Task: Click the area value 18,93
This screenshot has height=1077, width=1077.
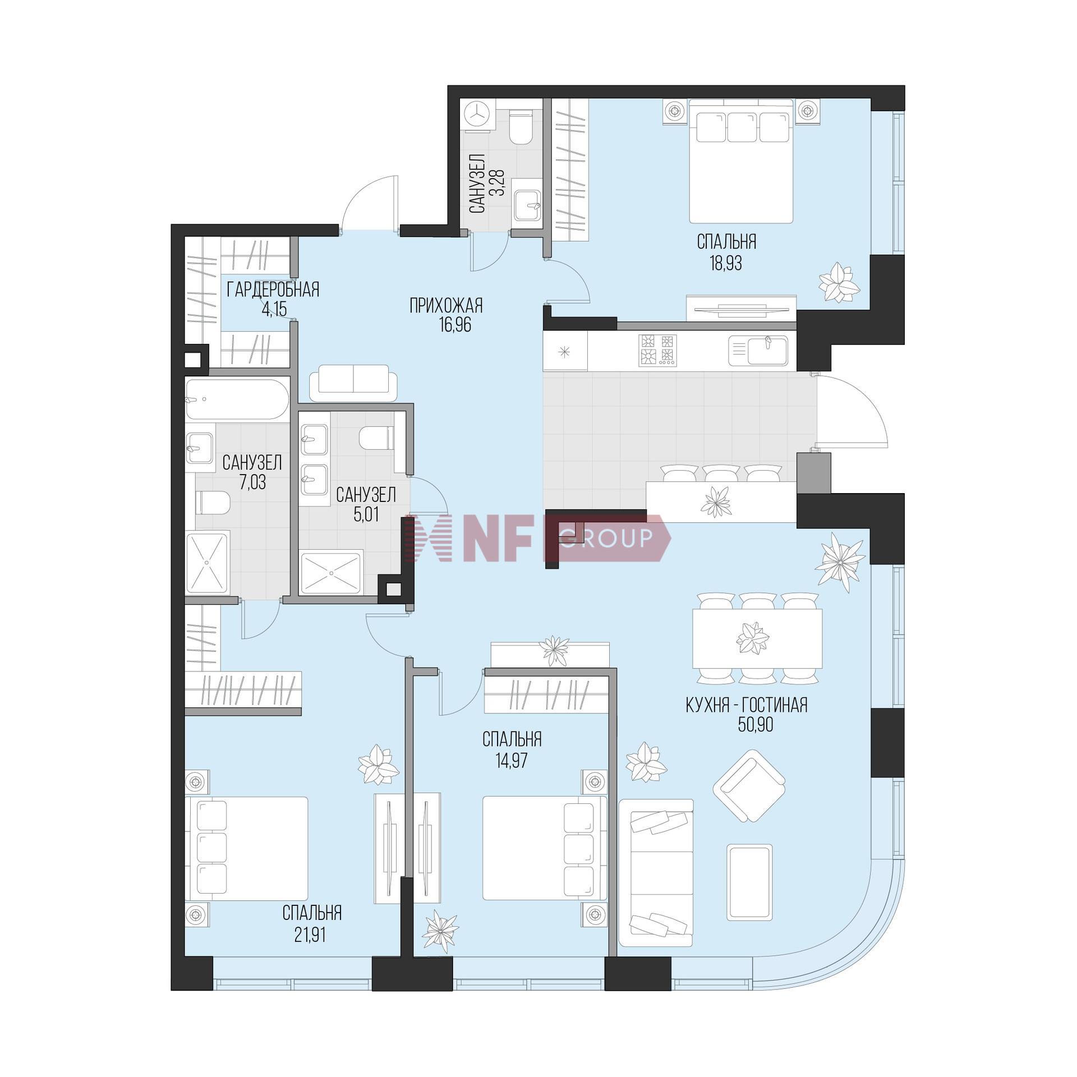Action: click(726, 263)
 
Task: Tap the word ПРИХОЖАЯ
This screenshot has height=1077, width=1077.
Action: click(446, 306)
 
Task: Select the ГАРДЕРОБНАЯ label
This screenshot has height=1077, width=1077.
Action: click(273, 289)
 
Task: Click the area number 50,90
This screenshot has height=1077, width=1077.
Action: click(756, 725)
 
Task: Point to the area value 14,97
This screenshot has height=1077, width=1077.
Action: click(512, 761)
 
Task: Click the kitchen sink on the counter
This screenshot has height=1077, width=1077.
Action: click(759, 351)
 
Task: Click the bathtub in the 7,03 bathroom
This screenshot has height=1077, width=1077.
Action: click(237, 401)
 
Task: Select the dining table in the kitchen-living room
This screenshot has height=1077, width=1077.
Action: click(757, 638)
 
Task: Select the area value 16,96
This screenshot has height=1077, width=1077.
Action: click(455, 325)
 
